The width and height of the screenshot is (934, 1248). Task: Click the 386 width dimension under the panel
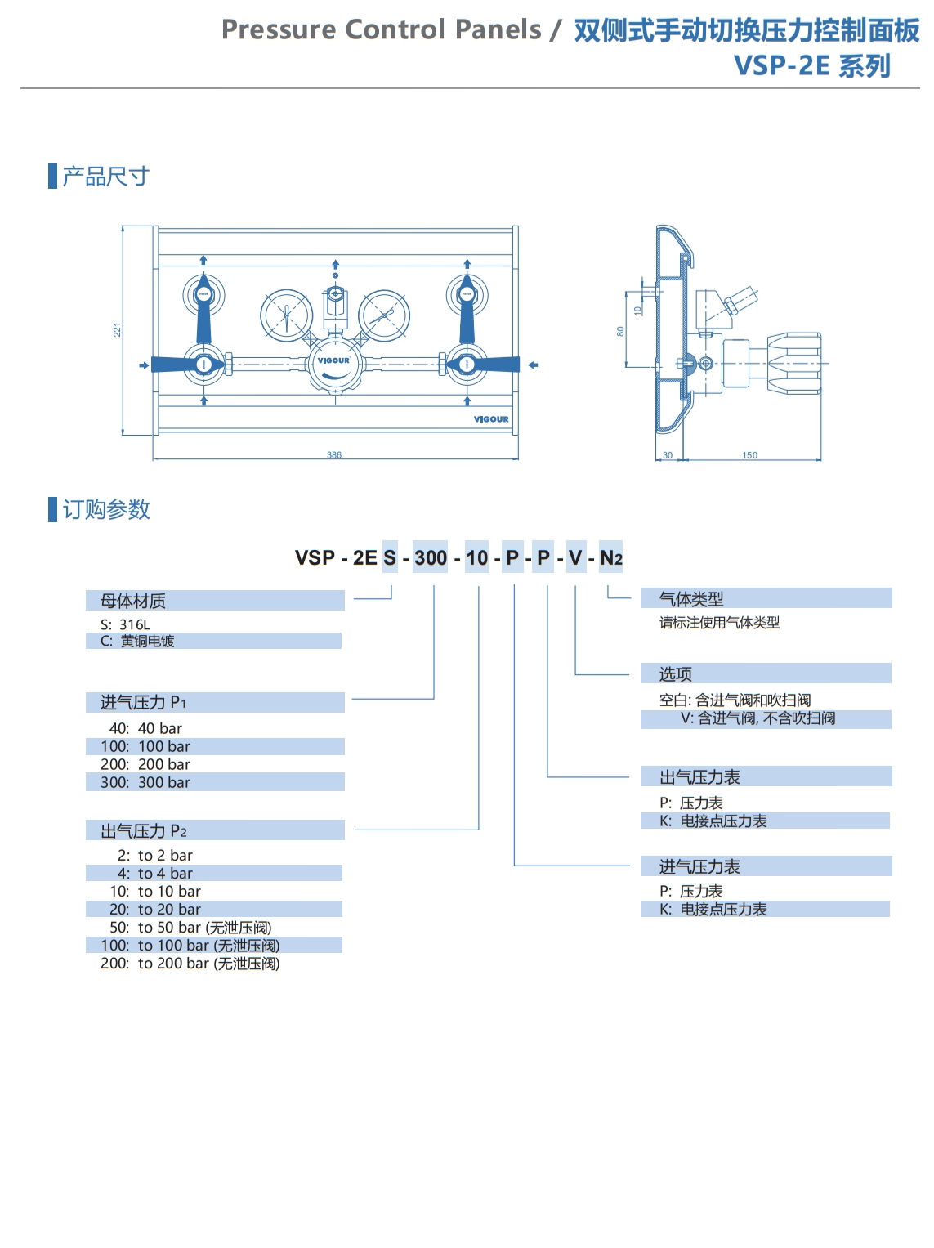334,455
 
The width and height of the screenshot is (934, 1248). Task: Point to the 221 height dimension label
117,329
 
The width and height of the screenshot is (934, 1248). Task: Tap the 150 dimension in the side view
749,455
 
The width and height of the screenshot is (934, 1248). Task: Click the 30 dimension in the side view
668,455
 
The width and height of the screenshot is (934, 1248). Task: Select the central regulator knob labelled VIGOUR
334,365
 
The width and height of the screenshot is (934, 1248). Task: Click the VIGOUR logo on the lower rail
491,419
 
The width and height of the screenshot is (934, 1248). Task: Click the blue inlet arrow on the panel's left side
144,365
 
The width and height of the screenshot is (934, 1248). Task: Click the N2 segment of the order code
611,558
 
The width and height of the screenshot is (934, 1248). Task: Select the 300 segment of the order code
431,558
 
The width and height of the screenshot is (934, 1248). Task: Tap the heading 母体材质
133,602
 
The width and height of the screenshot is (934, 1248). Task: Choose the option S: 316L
126,624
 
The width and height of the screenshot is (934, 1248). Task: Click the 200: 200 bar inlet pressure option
145,764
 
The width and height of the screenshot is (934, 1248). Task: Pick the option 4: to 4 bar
155,874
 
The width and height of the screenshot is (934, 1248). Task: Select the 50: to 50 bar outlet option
190,928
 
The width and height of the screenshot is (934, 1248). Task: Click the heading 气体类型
692,599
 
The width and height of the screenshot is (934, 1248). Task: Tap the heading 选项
676,674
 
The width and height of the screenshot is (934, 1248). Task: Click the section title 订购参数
106,510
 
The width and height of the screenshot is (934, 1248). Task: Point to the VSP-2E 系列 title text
812,65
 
